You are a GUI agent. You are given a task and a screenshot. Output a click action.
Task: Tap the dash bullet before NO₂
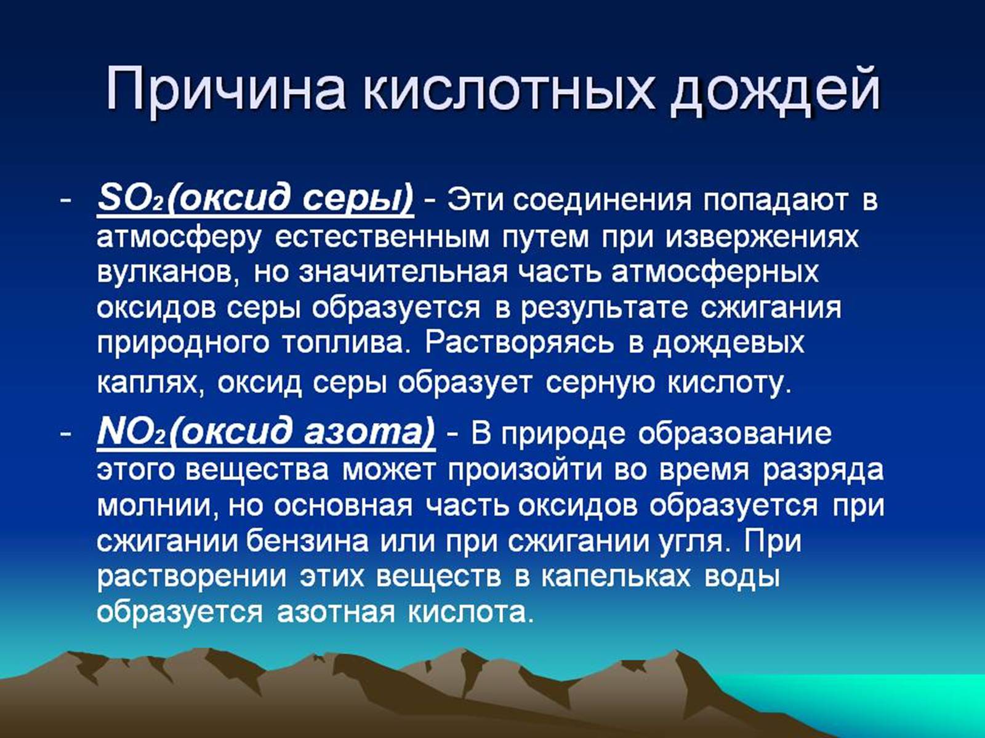point(65,434)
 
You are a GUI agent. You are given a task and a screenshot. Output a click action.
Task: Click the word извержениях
point(762,236)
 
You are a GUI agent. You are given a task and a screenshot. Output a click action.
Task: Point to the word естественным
point(382,237)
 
